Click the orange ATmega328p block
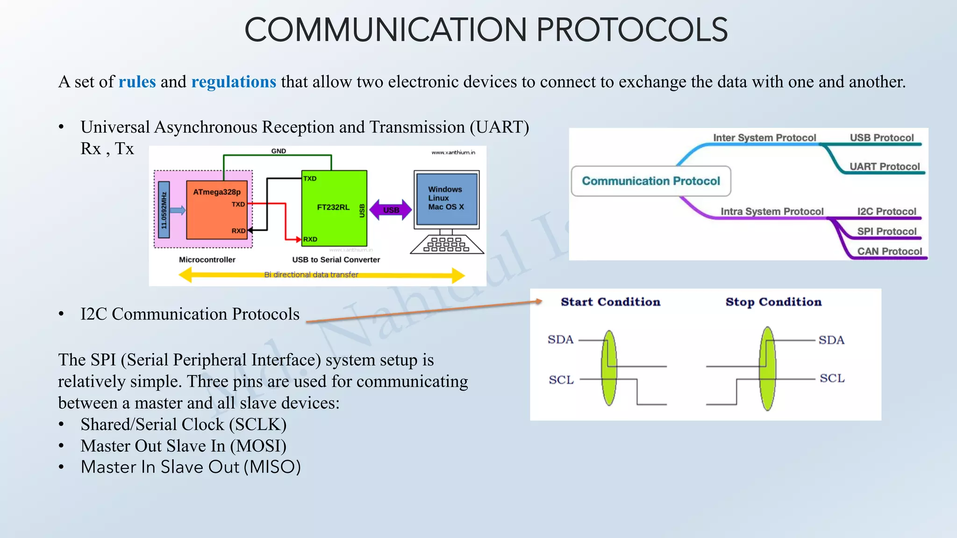216,210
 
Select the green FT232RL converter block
334,208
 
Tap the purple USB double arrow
391,210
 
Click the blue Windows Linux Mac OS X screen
446,198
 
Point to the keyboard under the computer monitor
446,244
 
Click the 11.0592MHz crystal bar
164,210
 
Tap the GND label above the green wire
279,151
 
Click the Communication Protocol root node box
650,181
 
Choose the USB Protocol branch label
881,138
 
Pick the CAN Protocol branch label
889,251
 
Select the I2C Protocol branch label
886,212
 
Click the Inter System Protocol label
764,138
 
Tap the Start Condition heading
610,302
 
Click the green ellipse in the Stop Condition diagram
767,369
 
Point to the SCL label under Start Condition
561,380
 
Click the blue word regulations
234,82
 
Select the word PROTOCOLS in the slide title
632,30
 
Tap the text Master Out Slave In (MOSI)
183,446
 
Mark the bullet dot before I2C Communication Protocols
61,314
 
